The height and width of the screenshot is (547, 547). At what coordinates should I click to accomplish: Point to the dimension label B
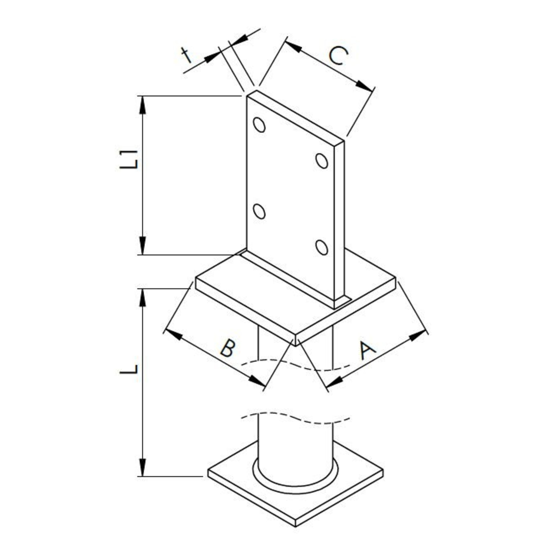228,348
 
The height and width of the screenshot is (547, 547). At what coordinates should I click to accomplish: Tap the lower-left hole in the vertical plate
259,211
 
